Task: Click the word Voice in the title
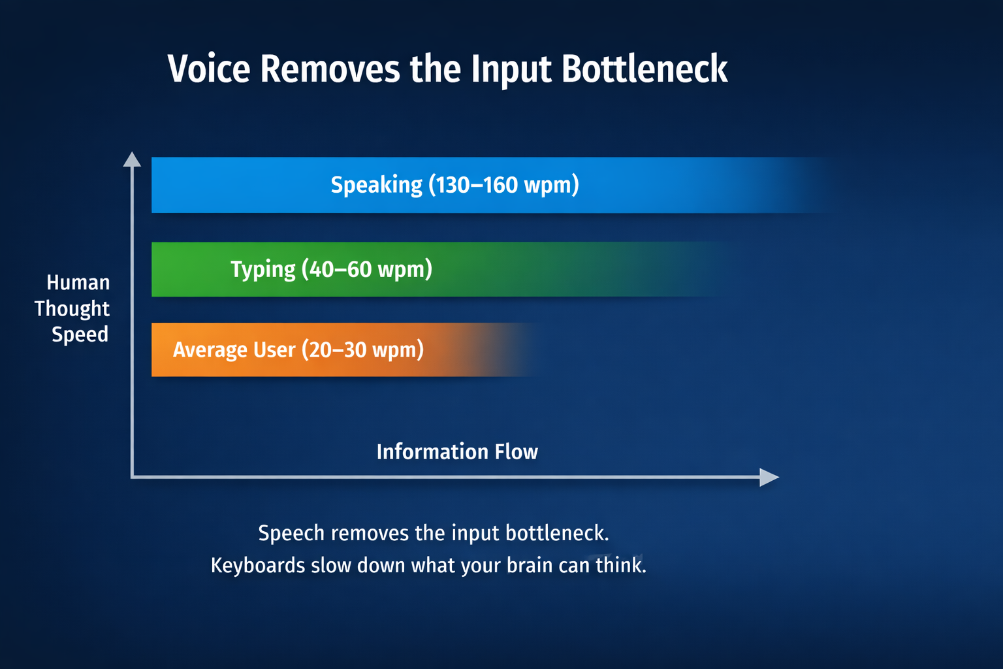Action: pyautogui.click(x=209, y=69)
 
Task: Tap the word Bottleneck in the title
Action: pyautogui.click(x=645, y=69)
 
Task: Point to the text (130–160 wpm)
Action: pyautogui.click(x=503, y=185)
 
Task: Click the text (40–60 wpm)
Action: pyautogui.click(x=367, y=269)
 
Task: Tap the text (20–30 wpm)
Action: pyautogui.click(x=362, y=350)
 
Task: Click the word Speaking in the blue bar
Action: pyautogui.click(x=376, y=185)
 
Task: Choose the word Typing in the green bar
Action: pyautogui.click(x=263, y=269)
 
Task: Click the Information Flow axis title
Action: pyautogui.click(x=457, y=451)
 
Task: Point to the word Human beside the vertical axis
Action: pyautogui.click(x=78, y=282)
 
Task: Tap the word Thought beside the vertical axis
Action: pyautogui.click(x=72, y=308)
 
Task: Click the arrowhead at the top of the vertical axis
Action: pyautogui.click(x=132, y=159)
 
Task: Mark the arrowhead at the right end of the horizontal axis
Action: pyautogui.click(x=770, y=477)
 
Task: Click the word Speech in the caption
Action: pyautogui.click(x=291, y=533)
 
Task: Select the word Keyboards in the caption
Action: pyautogui.click(x=258, y=565)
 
